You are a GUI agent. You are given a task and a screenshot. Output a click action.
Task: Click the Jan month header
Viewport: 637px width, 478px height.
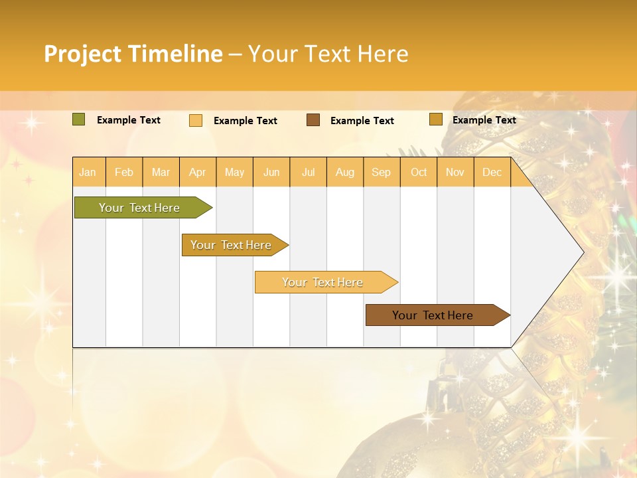(x=88, y=172)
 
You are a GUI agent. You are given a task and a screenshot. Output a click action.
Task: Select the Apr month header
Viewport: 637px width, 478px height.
(x=198, y=172)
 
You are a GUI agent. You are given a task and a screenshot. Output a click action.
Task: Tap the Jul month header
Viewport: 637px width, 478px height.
(x=308, y=172)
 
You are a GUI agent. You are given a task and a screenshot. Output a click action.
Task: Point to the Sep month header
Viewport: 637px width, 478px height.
(x=381, y=172)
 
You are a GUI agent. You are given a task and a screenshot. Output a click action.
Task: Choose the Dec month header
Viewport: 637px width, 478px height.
(x=492, y=172)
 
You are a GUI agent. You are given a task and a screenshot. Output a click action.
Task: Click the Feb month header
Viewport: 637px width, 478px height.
(x=124, y=172)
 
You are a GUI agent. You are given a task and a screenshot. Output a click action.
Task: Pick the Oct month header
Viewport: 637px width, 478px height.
(x=419, y=172)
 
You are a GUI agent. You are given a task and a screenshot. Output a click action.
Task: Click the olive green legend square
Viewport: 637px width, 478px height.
(x=78, y=119)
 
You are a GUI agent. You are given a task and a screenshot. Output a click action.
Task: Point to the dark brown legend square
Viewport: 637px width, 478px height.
(x=313, y=120)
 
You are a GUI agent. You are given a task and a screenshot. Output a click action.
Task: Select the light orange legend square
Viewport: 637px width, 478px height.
(x=196, y=120)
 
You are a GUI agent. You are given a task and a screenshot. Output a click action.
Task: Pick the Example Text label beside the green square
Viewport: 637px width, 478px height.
(x=129, y=120)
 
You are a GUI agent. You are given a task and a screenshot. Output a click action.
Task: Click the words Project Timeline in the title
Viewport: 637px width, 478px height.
(x=133, y=54)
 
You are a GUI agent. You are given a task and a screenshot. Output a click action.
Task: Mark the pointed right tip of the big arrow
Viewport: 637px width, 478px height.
(x=582, y=252)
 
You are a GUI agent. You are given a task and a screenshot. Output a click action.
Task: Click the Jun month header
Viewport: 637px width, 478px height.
(x=271, y=172)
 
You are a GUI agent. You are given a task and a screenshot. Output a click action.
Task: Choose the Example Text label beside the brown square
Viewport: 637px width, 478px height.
(x=362, y=121)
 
